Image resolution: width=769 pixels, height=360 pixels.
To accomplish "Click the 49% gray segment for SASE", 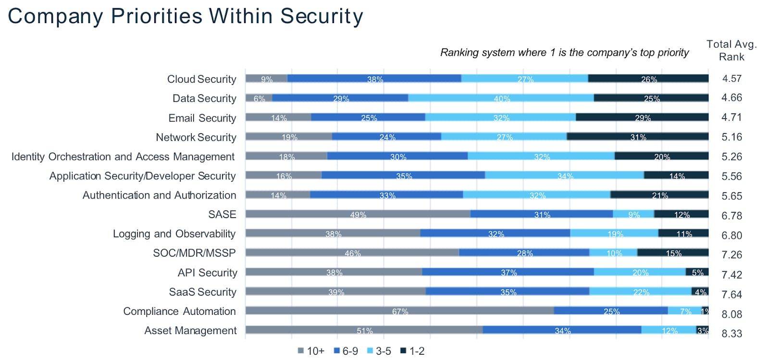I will pyautogui.click(x=358, y=214).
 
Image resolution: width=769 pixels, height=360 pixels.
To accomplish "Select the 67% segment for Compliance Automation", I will pyautogui.click(x=399, y=310).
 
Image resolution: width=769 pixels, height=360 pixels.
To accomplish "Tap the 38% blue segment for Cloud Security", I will pyautogui.click(x=374, y=78).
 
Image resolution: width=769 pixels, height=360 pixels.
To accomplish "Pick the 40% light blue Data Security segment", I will pyautogui.click(x=501, y=98).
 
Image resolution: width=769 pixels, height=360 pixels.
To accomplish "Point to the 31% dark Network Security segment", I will pyautogui.click(x=637, y=137).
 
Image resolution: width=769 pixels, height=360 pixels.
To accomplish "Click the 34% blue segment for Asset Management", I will pyautogui.click(x=562, y=330).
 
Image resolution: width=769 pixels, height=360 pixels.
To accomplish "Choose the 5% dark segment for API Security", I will pyautogui.click(x=697, y=272).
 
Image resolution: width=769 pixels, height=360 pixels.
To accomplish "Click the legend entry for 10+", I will pyautogui.click(x=311, y=351).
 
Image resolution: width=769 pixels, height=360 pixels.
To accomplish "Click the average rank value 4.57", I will pyautogui.click(x=732, y=78).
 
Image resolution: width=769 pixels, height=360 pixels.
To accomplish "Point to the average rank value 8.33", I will pyautogui.click(x=732, y=333).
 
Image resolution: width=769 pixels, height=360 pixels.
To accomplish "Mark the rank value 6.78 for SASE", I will pyautogui.click(x=732, y=216).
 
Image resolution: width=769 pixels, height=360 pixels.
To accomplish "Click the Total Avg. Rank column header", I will pyautogui.click(x=732, y=50).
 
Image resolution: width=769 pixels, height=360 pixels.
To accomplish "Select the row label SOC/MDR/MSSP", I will pyautogui.click(x=194, y=253).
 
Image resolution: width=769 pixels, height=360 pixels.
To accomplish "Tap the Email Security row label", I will pyautogui.click(x=202, y=118).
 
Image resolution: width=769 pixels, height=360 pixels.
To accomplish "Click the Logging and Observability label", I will pyautogui.click(x=174, y=234).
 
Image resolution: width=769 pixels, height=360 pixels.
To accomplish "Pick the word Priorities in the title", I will pyautogui.click(x=157, y=16).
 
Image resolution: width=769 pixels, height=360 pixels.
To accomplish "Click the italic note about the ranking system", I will pyautogui.click(x=564, y=52).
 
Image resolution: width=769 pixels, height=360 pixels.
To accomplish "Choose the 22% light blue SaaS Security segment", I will pyautogui.click(x=640, y=291).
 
